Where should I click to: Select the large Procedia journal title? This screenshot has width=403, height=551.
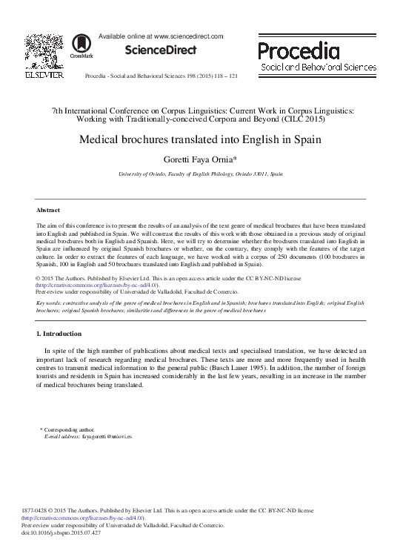[299, 50]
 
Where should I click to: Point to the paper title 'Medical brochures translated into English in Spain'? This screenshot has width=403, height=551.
[201, 139]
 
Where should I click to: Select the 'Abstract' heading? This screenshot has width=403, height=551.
[48, 210]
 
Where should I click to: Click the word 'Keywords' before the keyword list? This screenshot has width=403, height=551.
[50, 303]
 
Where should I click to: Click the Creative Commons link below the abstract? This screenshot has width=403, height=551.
[96, 286]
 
